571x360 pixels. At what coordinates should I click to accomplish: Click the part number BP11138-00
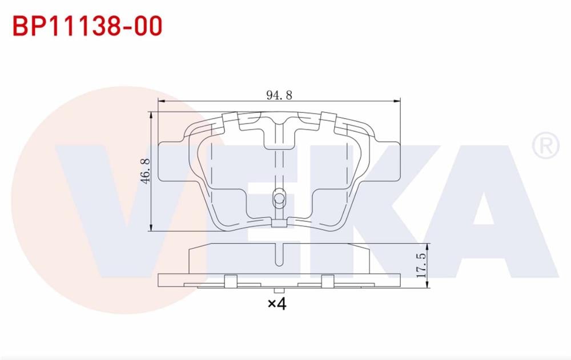coord(87,26)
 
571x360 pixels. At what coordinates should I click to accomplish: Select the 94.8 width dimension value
coord(279,95)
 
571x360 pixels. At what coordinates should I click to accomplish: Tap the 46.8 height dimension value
coord(146,171)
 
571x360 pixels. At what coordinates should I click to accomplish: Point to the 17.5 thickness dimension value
coord(421,263)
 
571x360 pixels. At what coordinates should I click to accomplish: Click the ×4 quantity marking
coord(276,304)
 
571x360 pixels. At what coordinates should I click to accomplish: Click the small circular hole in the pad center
coord(279,199)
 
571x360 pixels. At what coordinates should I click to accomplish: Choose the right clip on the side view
coord(328,281)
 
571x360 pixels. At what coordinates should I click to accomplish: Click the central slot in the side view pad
coord(279,254)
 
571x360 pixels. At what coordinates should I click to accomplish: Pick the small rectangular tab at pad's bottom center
coord(279,224)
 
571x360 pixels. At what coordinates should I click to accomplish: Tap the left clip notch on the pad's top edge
coord(230,119)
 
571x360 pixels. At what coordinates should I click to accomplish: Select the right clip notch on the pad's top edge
coord(328,119)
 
